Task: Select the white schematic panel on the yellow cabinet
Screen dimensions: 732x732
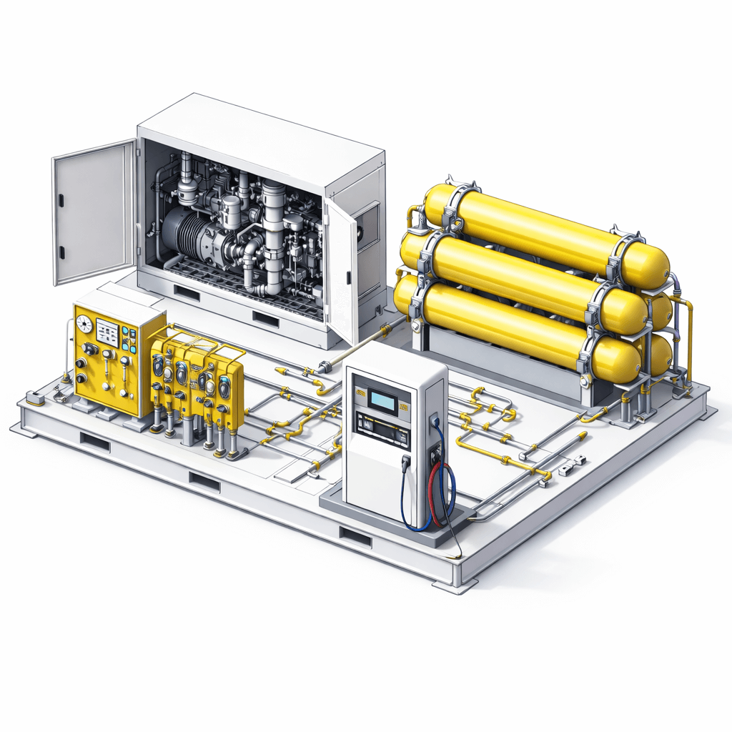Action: (107, 332)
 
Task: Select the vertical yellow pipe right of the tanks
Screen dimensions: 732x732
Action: (689, 343)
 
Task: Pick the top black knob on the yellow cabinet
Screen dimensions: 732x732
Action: (90, 349)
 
